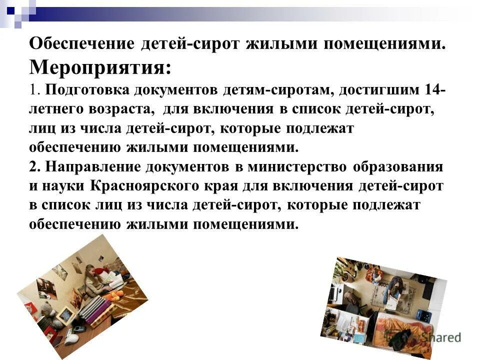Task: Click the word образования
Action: pos(397,166)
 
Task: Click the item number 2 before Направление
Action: pos(33,166)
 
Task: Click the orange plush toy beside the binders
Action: pos(114,296)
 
